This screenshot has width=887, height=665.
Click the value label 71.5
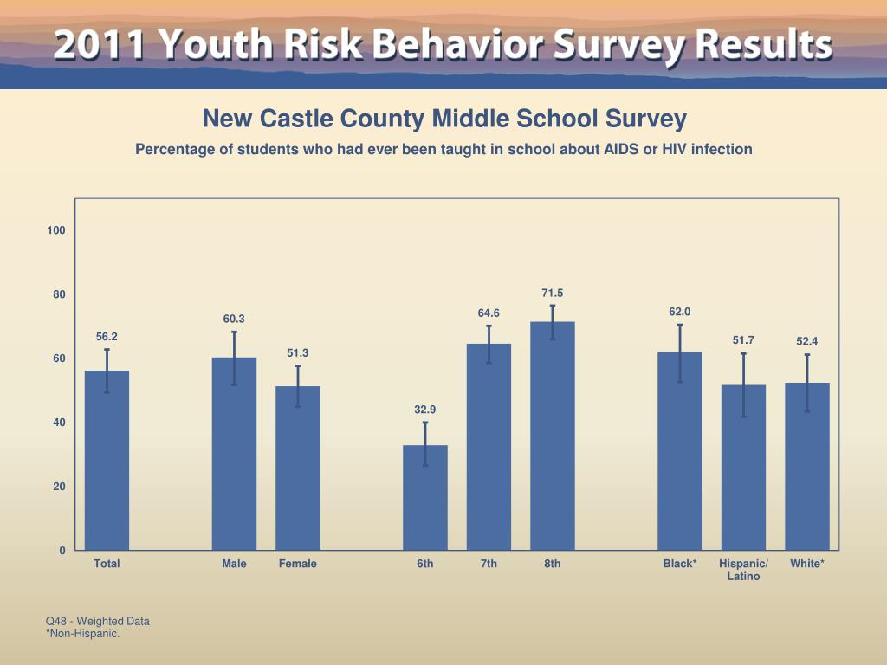pos(553,294)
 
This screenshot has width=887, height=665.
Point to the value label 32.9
pos(424,409)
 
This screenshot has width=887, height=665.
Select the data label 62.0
pos(679,312)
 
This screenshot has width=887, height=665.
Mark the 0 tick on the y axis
pos(62,551)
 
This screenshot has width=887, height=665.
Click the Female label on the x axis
pos(298,564)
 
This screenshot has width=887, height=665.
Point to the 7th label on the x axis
pos(489,564)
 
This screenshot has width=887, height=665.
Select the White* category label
pos(807,564)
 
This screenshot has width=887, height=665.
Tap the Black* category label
pos(679,564)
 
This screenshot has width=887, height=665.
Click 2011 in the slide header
pos(95,45)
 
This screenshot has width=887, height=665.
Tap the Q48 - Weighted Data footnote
pos(98,621)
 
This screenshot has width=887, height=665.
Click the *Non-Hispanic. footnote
pos(82,634)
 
